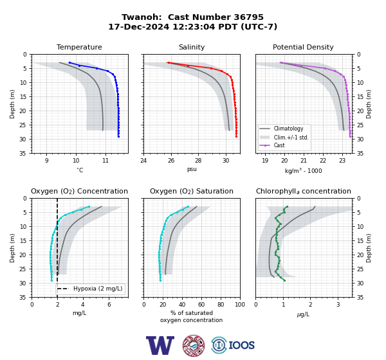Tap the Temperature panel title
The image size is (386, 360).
pos(79,47)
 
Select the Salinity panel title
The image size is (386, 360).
pos(192,47)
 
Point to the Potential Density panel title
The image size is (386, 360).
pos(303,47)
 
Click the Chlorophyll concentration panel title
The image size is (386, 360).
pos(303,191)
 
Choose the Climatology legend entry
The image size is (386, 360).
pos(285,129)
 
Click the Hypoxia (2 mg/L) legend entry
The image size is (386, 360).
pos(89,289)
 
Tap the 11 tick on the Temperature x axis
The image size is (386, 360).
pos(106,161)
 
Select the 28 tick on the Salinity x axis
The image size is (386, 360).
pos(198,161)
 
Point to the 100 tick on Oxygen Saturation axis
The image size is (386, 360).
pos(240,305)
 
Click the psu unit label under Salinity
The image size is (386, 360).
pos(192,169)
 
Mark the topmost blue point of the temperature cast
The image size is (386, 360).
pos(69,63)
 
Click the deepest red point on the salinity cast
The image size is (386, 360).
pos(236,136)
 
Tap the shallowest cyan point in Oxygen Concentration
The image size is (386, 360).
pos(89,207)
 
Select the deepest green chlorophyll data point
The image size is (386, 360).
pos(284,280)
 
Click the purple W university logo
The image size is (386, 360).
pos(160,345)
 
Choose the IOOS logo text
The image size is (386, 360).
pos(241,345)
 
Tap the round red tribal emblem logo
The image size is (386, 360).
pos(194,345)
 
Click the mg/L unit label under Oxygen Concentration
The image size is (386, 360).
pos(79,313)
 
